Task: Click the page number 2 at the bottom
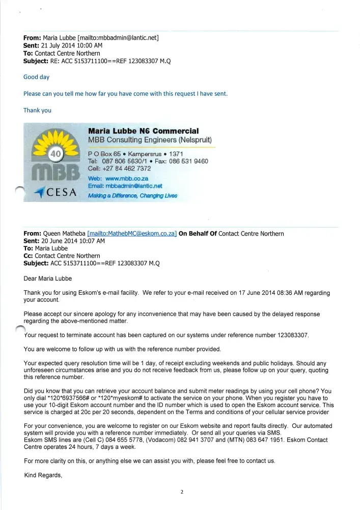tap(181, 492)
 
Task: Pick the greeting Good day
tap(37, 77)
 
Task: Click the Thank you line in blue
tap(37, 110)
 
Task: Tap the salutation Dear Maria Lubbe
tap(48, 278)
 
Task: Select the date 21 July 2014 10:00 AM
tap(72, 45)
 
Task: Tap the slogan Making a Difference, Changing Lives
tap(132, 196)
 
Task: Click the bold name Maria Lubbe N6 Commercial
tap(143, 131)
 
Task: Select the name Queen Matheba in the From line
tap(65, 234)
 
